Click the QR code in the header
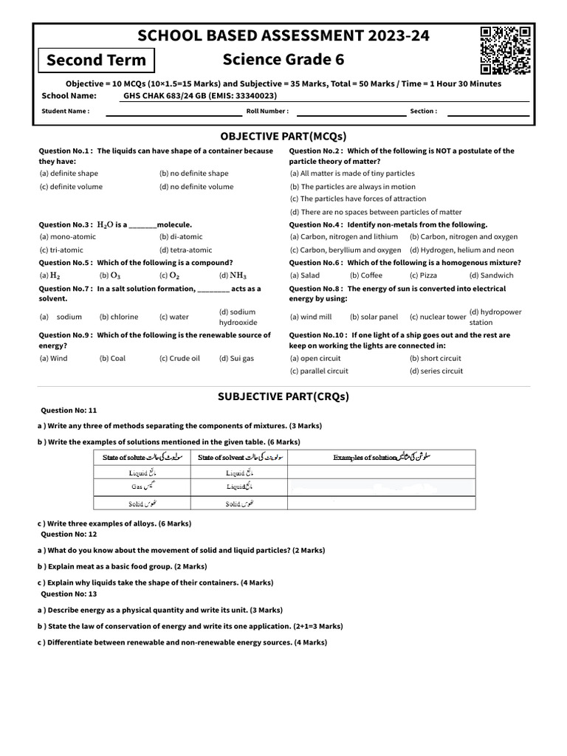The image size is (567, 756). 505,50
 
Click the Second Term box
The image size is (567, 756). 96,60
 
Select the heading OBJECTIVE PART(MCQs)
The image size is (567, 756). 283,136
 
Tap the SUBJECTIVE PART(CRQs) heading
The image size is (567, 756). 283,396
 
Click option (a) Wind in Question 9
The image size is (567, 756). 53,358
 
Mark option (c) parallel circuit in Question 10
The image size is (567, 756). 319,371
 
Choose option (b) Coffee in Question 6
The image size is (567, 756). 366,275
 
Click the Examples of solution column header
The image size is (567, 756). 380,458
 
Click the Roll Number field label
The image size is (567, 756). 267,111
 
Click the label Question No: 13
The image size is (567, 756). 69,594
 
